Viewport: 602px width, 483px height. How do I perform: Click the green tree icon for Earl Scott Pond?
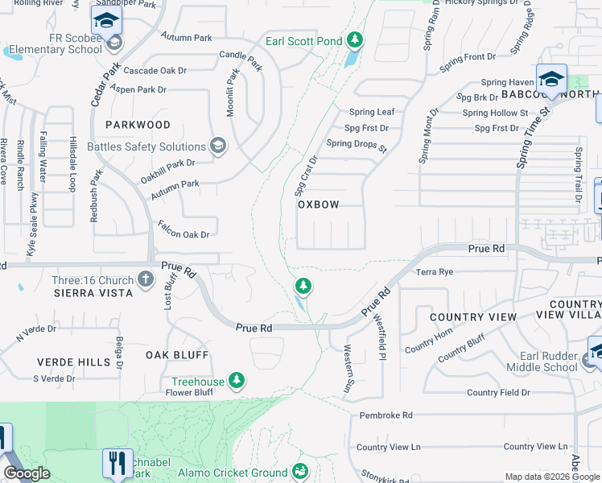tap(354, 40)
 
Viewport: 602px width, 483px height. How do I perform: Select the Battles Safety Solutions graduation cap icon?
tap(217, 146)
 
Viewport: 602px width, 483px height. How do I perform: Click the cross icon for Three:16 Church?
tap(145, 280)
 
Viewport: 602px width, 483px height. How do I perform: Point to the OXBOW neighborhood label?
tap(319, 204)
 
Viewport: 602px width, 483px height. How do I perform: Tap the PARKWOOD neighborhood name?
tap(138, 125)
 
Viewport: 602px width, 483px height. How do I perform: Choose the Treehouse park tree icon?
tap(236, 380)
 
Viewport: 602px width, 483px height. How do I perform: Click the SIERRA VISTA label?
tap(93, 293)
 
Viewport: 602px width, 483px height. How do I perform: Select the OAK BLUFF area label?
tap(177, 354)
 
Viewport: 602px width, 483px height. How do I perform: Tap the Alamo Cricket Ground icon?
tap(300, 470)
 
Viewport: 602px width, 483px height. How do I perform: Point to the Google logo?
tap(26, 473)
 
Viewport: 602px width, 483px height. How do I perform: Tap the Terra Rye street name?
tap(435, 272)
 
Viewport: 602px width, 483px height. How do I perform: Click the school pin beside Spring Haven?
tap(551, 80)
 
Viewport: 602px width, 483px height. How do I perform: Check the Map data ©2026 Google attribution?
tap(551, 477)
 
